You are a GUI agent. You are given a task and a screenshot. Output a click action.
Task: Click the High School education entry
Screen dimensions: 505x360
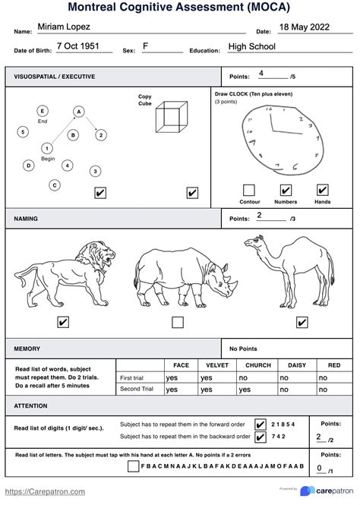pos(252,47)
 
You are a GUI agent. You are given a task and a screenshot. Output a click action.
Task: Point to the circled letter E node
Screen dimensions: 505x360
pos(43,111)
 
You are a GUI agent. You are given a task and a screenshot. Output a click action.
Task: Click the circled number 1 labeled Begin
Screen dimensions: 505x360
pos(47,148)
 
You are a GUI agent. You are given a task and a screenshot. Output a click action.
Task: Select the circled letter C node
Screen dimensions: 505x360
pos(55,185)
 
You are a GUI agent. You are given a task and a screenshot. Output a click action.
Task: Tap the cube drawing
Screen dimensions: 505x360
pos(172,118)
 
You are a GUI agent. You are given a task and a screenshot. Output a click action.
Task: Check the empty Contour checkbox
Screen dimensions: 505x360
pos(249,191)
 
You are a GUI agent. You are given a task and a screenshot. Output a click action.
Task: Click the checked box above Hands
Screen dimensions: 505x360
pos(322,191)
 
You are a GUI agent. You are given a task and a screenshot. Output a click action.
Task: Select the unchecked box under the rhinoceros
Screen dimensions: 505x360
pos(177,322)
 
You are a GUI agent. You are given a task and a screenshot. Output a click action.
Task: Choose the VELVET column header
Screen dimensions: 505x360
pos(216,365)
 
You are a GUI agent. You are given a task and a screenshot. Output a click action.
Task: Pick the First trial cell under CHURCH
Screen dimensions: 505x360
pos(257,377)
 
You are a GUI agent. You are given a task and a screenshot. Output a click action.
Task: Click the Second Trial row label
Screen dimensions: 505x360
pos(137,389)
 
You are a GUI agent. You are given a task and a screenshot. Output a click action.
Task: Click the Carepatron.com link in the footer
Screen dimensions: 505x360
pos(46,492)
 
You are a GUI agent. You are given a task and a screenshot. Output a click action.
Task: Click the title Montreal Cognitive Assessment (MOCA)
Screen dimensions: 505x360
pos(179,8)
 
